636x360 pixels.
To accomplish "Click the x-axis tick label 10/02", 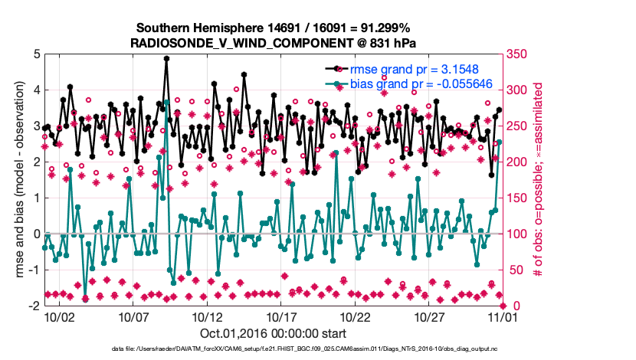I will click(x=59, y=316).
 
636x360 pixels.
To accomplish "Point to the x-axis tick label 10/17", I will click(x=281, y=316).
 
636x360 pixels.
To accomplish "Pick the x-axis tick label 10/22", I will click(x=356, y=316).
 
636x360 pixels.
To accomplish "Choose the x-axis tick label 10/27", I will click(x=430, y=316).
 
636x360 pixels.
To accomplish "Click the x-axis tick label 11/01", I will click(x=503, y=316).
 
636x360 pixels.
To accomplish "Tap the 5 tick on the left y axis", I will click(x=35, y=54).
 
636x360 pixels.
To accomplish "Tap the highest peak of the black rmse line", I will click(x=166, y=58).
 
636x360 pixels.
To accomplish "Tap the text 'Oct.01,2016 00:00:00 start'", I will click(x=274, y=333).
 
